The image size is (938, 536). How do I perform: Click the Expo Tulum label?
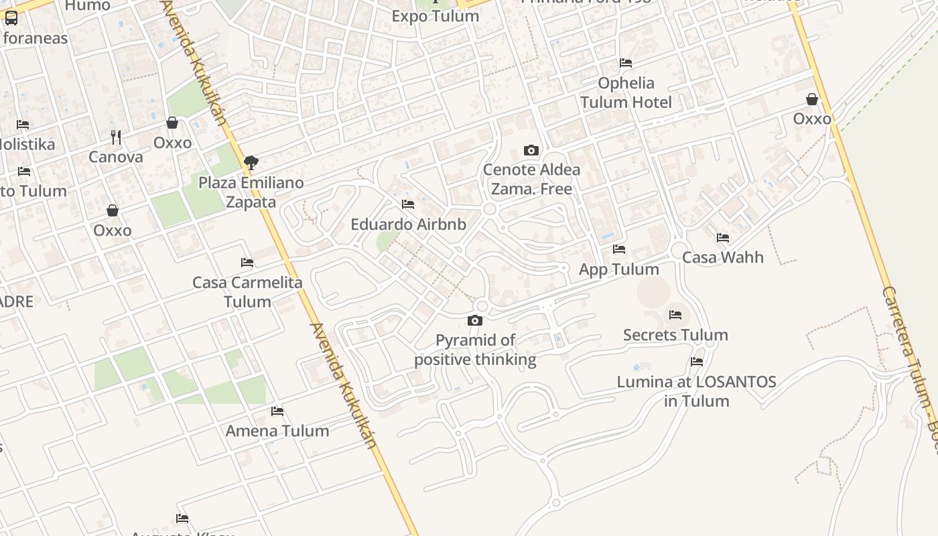[435, 16]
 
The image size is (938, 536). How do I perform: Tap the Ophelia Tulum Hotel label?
[626, 92]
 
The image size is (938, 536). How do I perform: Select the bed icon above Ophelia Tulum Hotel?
[626, 63]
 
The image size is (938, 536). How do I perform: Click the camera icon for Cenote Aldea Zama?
[531, 150]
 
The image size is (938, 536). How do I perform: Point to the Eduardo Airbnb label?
[409, 224]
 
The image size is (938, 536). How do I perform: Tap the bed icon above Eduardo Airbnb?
[408, 204]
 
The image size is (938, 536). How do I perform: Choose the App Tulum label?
[619, 269]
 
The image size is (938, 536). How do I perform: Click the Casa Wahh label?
[723, 257]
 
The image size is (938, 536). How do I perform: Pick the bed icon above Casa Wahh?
[723, 238]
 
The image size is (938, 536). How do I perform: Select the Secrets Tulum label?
[675, 334]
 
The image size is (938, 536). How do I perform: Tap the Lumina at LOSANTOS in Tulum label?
[697, 391]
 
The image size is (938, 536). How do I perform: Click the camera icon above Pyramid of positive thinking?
[475, 320]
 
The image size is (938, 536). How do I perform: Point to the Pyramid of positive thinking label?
[475, 350]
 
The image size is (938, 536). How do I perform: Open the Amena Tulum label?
[277, 431]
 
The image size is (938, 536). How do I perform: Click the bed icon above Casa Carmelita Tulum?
[247, 263]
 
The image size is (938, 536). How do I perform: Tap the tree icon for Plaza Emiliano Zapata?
[251, 162]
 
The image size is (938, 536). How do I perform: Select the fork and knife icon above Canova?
[116, 137]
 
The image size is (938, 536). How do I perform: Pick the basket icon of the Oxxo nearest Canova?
[172, 123]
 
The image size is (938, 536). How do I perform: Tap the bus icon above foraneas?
[11, 18]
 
